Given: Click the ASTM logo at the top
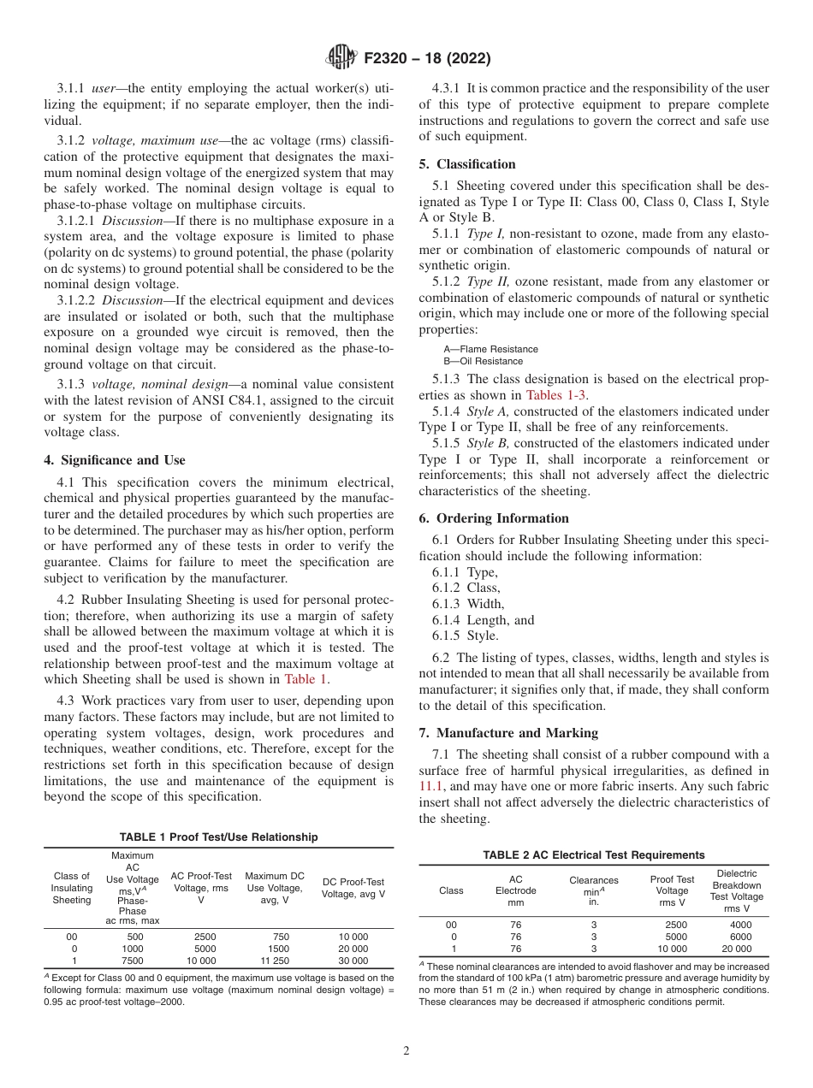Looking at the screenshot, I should point(342,59).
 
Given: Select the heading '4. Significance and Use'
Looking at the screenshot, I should point(115,459).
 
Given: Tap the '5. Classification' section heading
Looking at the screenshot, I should point(467,163).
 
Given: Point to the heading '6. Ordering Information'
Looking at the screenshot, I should point(494,517).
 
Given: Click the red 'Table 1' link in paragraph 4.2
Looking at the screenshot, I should point(306,679).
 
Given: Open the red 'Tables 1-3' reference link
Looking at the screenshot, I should point(556,395).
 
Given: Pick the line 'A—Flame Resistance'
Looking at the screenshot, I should point(490,349).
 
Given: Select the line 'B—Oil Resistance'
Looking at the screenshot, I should point(483,361).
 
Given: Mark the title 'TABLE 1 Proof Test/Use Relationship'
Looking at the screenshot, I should point(219,837).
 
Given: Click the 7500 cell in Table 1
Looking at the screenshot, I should point(133,961).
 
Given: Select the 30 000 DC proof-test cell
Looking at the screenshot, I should point(353,961).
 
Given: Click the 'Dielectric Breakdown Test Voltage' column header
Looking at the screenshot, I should point(736,890).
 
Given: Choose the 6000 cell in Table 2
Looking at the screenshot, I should point(740,937).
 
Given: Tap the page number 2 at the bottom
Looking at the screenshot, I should point(406,1051).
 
